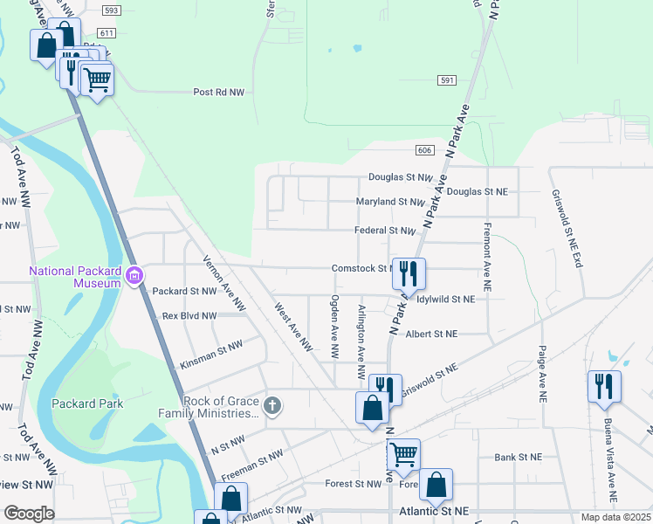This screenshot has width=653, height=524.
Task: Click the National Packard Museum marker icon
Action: pyautogui.click(x=134, y=277)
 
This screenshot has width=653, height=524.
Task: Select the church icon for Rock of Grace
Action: pyautogui.click(x=272, y=405)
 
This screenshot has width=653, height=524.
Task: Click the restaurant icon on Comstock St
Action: pyautogui.click(x=409, y=274)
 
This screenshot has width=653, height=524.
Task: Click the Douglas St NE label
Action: pyautogui.click(x=478, y=191)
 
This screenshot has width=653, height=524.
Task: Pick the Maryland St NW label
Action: pyautogui.click(x=389, y=202)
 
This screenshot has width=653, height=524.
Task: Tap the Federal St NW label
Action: pyautogui.click(x=384, y=231)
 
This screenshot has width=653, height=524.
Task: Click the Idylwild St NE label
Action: pyautogui.click(x=445, y=299)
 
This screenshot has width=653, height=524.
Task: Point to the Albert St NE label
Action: pyautogui.click(x=432, y=334)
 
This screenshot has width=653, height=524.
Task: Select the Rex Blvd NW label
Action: pyautogui.click(x=189, y=315)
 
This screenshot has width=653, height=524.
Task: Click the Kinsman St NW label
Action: pyautogui.click(x=210, y=352)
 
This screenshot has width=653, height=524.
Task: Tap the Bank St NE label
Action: pyautogui.click(x=518, y=457)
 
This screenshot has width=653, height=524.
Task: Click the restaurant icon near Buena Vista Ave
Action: pyautogui.click(x=604, y=385)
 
